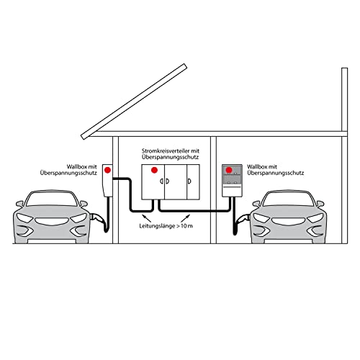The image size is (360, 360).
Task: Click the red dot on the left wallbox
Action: point(107,170)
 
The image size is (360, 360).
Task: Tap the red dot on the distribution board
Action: point(154,170)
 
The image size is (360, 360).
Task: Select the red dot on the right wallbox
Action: point(229,170)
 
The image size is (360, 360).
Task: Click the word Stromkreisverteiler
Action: point(166,151)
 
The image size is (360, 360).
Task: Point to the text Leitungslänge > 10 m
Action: point(166,226)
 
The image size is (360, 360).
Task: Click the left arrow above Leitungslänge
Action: point(147,218)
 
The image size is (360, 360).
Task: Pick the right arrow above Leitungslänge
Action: point(185,218)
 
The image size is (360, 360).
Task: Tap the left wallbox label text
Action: point(68,170)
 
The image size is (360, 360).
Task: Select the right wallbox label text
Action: point(276,170)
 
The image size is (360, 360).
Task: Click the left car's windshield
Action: point(53,199)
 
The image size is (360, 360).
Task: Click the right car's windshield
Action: point(289,199)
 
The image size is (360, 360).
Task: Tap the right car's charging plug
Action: point(243,218)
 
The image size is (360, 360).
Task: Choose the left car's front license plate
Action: point(52,241)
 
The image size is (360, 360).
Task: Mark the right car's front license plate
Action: point(289,241)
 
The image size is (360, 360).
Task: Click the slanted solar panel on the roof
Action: point(134,102)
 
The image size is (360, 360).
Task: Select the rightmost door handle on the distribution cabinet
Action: point(189,181)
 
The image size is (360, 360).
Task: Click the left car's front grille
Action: point(52,221)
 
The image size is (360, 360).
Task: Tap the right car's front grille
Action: point(289,221)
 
